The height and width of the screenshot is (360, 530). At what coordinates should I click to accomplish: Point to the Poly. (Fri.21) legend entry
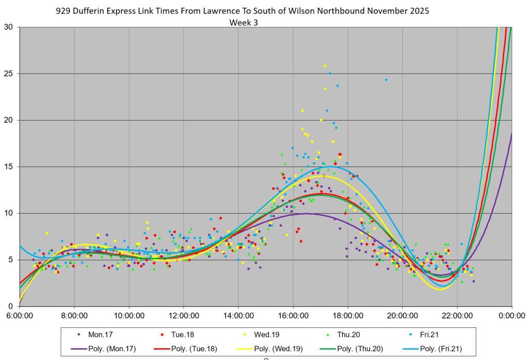(x=441, y=349)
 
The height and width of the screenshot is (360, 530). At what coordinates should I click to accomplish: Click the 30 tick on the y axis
(x=9, y=27)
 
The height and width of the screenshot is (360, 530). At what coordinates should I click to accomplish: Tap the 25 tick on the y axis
(x=9, y=73)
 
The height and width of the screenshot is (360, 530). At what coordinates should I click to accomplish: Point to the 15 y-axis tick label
(x=9, y=167)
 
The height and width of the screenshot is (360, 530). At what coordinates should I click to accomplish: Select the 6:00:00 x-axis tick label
(x=19, y=315)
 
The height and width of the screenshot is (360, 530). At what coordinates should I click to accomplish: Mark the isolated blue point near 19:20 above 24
(x=386, y=80)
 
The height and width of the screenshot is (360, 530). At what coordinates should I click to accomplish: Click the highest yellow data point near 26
(x=325, y=66)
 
